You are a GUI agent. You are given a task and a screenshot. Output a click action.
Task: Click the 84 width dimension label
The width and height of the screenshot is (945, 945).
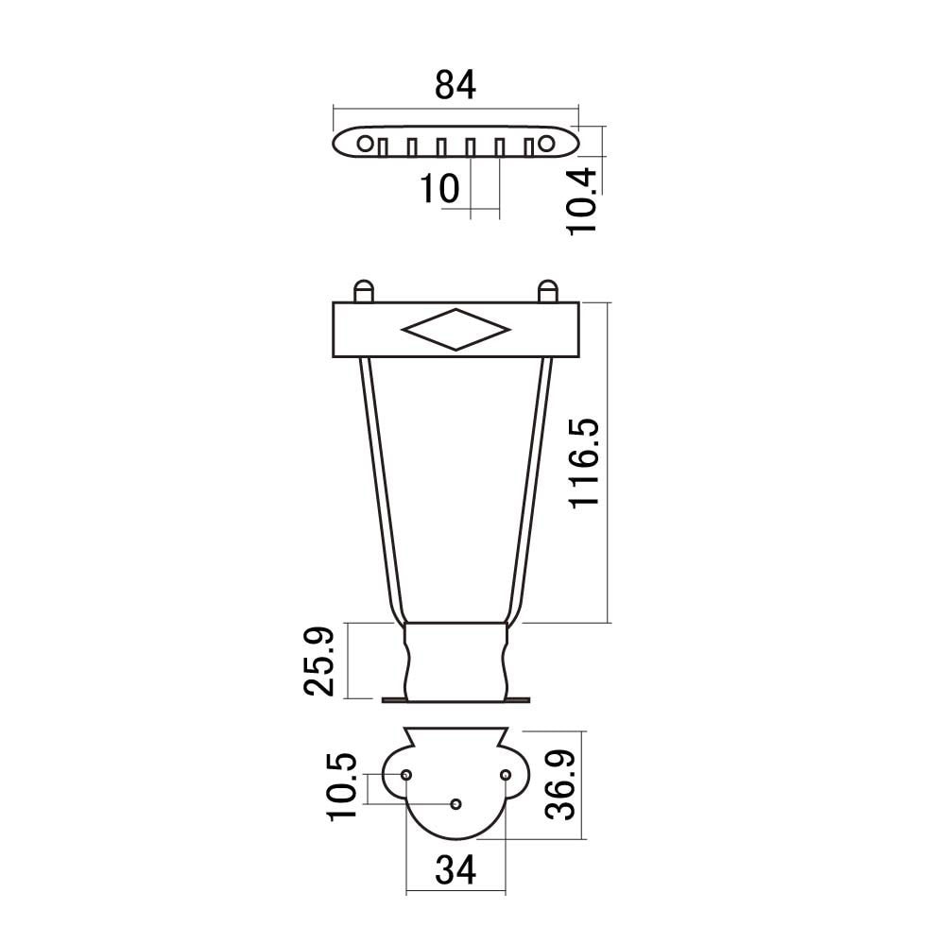pos(455,85)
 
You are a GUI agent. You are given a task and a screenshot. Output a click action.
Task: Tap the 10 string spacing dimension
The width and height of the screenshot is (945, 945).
pos(439,188)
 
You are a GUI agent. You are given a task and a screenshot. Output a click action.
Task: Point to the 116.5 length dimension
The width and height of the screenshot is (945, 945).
pos(585,463)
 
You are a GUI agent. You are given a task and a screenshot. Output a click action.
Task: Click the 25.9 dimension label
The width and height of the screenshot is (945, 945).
pos(318,661)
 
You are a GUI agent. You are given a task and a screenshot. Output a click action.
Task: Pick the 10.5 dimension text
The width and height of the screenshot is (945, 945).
pos(342,786)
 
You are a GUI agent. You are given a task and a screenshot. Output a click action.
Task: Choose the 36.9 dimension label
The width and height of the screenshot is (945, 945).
pos(559,784)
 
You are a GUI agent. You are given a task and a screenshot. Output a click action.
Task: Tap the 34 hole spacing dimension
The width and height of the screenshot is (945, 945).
pos(455,869)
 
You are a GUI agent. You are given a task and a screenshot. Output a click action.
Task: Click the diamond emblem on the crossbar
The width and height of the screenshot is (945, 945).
pos(455,329)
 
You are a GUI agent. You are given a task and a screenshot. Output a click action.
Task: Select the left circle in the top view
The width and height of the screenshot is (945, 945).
pos(365,144)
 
